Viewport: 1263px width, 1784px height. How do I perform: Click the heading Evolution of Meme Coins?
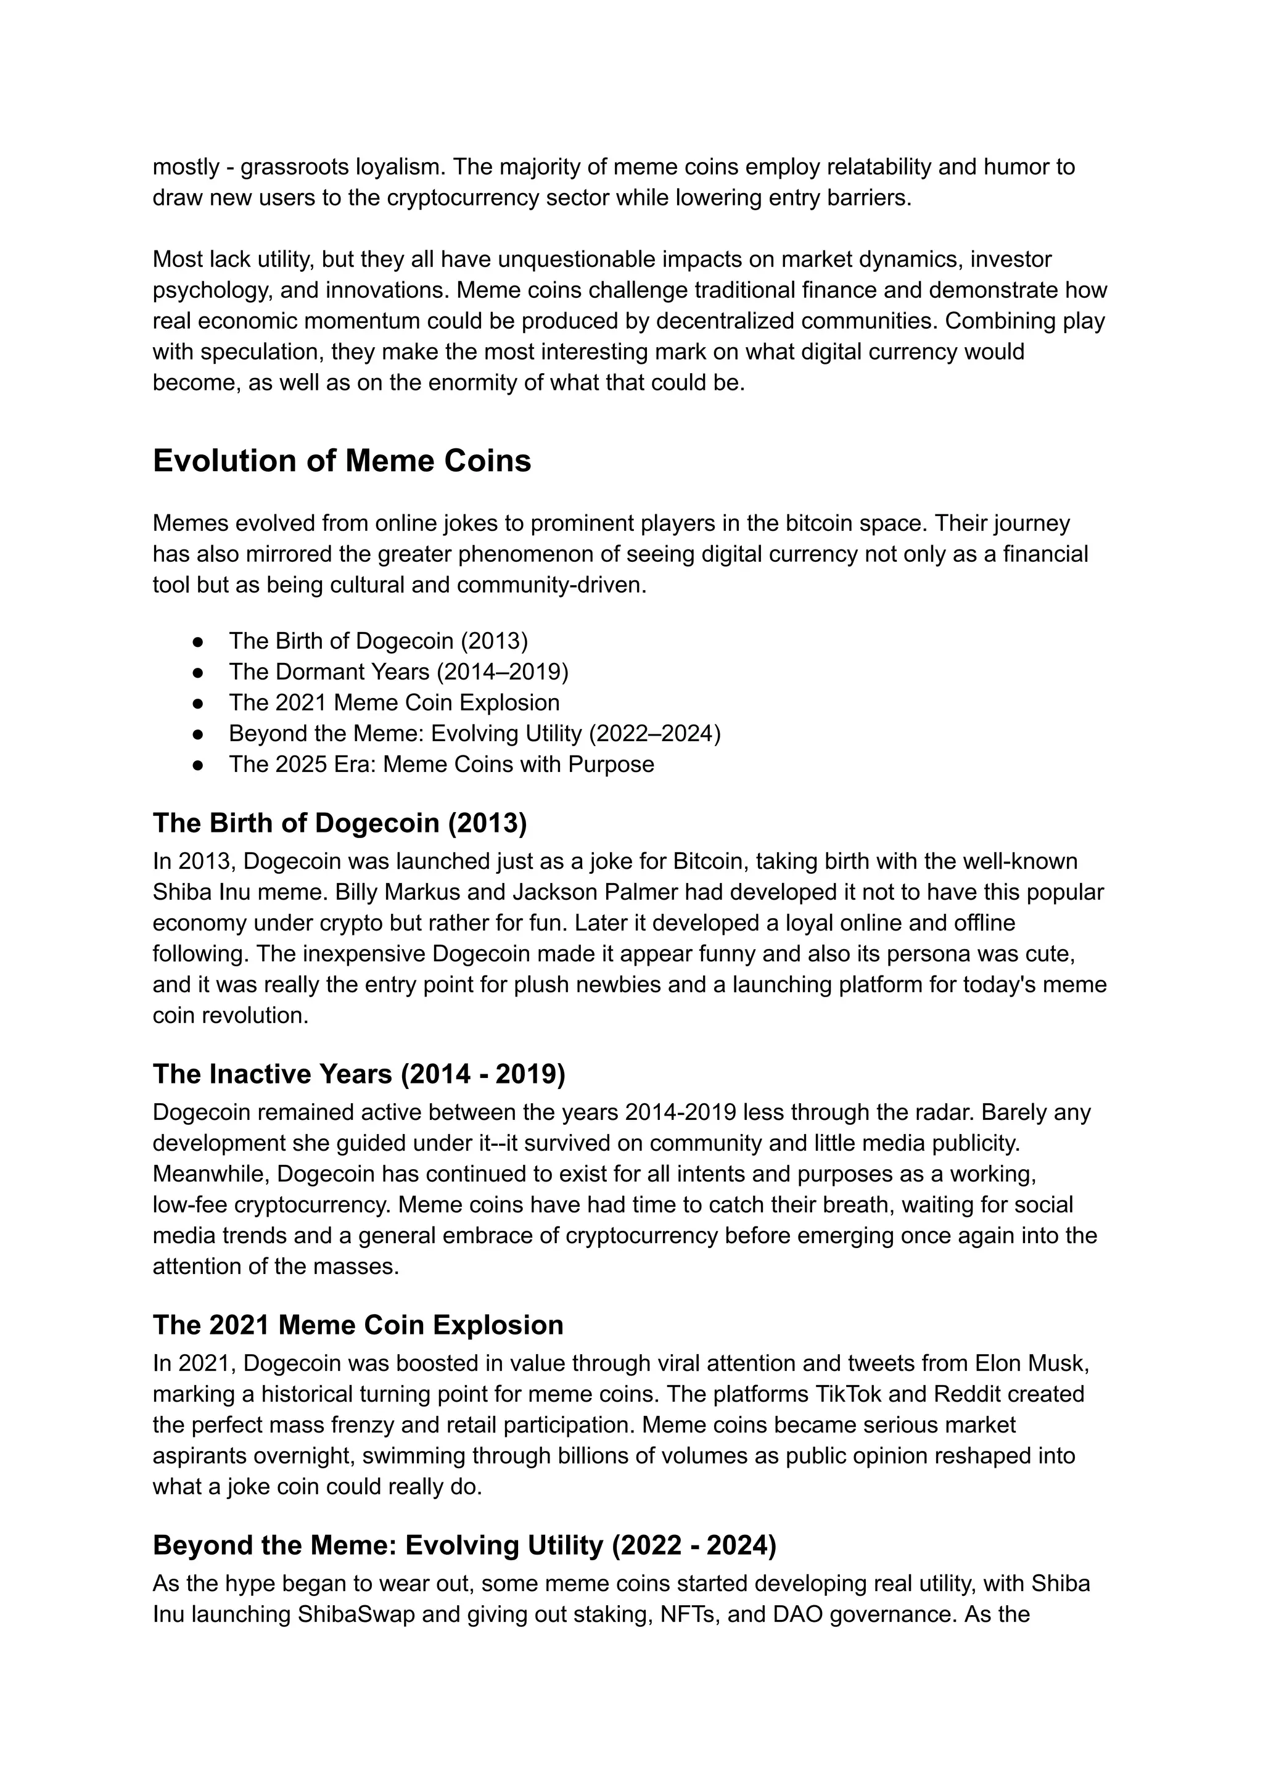click(x=342, y=461)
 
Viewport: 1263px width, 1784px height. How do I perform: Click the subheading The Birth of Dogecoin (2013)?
click(x=339, y=823)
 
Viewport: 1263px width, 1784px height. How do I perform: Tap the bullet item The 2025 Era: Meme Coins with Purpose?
click(x=441, y=765)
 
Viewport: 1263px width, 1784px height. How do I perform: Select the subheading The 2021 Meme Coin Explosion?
click(x=358, y=1325)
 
